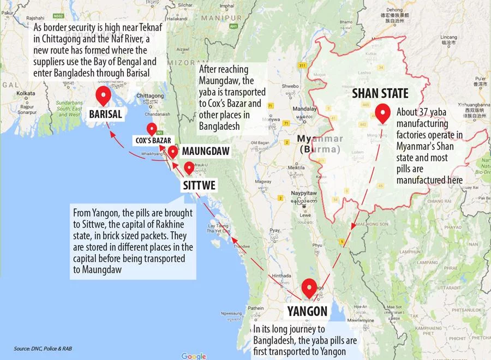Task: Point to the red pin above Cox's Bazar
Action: (152, 129)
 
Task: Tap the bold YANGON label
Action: (307, 311)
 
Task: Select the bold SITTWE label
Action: (199, 185)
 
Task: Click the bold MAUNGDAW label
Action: (206, 150)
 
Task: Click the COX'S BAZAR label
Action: (154, 140)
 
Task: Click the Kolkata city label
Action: (26, 93)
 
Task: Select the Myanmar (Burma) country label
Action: (320, 142)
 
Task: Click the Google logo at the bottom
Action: (194, 356)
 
